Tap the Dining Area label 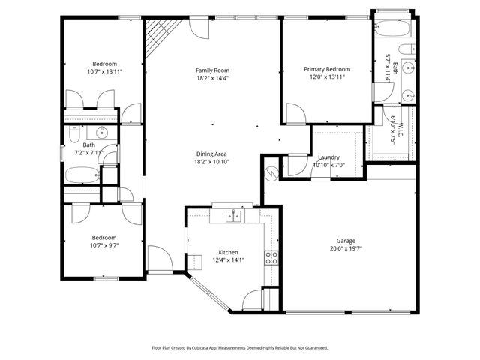211,154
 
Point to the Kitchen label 229,252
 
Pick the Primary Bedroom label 327,69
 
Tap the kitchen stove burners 271,258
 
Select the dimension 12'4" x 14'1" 229,261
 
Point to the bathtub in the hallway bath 83,175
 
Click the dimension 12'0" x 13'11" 327,78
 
